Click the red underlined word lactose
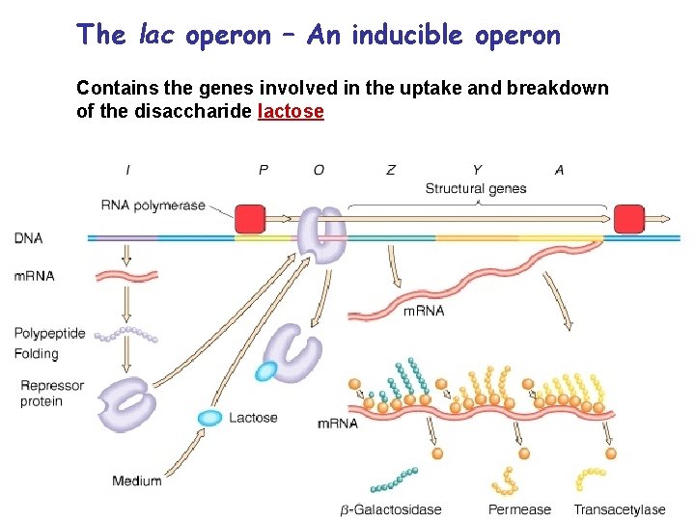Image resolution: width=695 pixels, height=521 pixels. (291, 111)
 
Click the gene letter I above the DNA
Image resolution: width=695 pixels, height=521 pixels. (128, 170)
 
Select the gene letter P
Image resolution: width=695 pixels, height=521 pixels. (264, 170)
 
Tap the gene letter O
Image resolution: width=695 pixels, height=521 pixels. (319, 170)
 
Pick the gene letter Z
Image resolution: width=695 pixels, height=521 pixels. (390, 170)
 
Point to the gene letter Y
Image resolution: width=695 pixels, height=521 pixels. (477, 170)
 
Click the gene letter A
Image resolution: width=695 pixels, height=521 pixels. (559, 170)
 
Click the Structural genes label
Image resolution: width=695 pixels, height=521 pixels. (475, 188)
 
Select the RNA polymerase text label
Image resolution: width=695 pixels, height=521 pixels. (153, 205)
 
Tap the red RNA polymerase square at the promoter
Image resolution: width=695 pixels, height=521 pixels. (250, 219)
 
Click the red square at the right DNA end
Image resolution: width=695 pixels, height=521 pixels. (628, 219)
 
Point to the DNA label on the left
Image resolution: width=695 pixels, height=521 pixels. (29, 237)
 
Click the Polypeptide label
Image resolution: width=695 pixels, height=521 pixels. (49, 334)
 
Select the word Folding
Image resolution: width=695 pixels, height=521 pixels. (36, 354)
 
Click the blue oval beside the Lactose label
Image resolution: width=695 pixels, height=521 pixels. (209, 418)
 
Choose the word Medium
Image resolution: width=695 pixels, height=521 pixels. (136, 480)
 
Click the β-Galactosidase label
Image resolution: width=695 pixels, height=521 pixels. (390, 509)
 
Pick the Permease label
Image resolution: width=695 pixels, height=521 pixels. (519, 509)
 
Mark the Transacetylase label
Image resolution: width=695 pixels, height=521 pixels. (619, 509)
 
